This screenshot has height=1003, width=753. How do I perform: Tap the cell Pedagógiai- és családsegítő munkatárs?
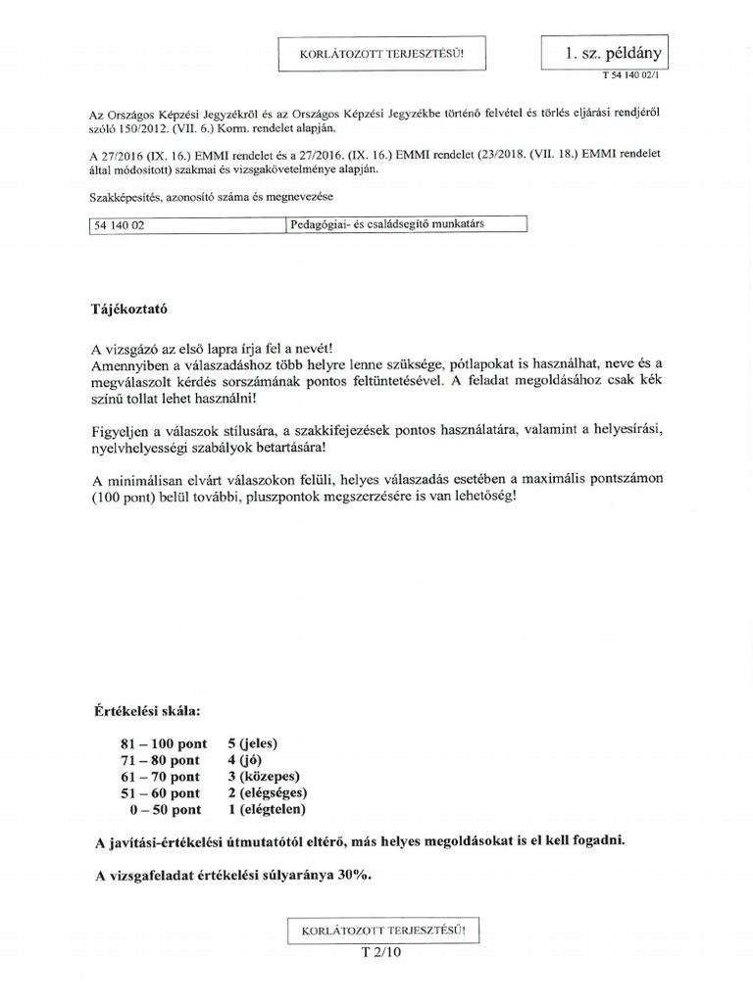coord(407,224)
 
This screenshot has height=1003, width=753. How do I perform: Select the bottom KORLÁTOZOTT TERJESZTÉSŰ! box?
coord(383,929)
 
